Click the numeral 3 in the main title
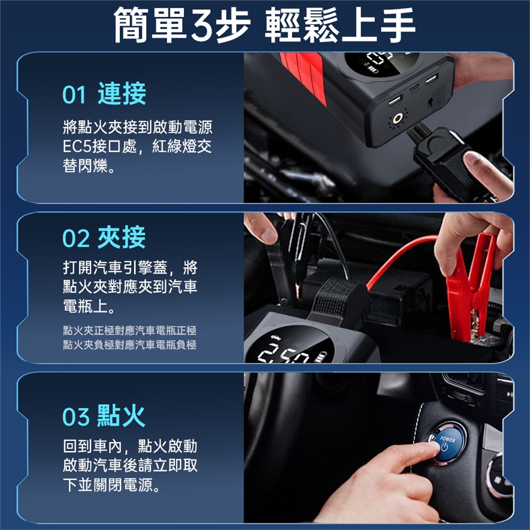[202, 25]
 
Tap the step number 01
[75, 94]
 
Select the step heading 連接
[122, 94]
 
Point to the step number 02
[76, 239]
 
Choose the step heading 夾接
[121, 237]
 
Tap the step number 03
[76, 417]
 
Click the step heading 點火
[121, 415]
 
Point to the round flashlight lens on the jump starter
[398, 119]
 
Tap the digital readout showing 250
[285, 353]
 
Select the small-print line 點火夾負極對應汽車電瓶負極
[129, 344]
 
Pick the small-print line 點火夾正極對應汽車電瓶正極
[129, 331]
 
